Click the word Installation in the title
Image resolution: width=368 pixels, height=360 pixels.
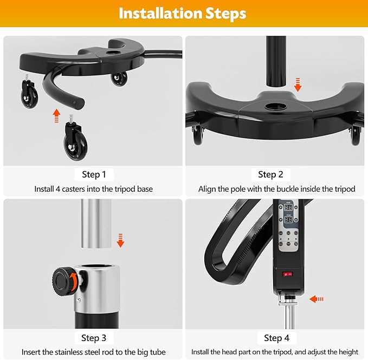point(160,14)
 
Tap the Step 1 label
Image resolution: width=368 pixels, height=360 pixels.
point(94,175)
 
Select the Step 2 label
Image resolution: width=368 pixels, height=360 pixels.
point(270,175)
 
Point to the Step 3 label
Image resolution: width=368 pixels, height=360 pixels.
point(94,338)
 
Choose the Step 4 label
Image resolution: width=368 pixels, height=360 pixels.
point(276,338)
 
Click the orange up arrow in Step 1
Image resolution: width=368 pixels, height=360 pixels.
point(56,116)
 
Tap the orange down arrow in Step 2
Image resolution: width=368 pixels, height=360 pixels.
point(298,84)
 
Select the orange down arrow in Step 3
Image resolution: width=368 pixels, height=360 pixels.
point(120,240)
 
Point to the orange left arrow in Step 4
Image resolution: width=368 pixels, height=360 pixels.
point(317,299)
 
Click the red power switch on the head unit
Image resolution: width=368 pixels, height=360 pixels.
point(288,274)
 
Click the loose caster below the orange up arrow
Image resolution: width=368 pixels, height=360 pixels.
point(75,138)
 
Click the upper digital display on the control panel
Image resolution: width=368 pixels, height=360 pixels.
point(288,207)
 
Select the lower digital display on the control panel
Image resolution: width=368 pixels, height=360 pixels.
point(288,220)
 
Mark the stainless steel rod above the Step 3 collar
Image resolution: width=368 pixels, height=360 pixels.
point(96,224)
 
